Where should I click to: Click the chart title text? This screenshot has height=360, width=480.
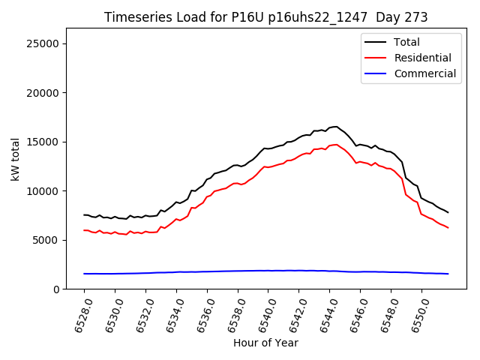click(x=265, y=17)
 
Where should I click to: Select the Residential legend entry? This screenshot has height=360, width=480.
click(x=422, y=58)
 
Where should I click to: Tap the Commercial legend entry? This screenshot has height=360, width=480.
click(x=424, y=73)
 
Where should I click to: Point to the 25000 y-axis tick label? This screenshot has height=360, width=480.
click(x=43, y=44)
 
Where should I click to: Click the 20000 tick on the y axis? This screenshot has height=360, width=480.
click(x=43, y=93)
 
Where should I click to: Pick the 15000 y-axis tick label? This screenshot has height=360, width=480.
click(x=43, y=142)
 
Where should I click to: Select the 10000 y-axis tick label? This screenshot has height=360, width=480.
click(x=43, y=191)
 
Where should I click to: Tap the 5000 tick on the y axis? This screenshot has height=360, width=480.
click(x=46, y=240)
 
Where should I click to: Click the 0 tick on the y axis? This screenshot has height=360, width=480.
click(x=56, y=289)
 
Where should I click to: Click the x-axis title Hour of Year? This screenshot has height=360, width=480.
click(x=265, y=343)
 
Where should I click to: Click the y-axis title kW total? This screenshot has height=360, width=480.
click(x=15, y=159)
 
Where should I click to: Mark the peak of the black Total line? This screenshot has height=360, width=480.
click(x=337, y=127)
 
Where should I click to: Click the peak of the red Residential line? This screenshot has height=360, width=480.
click(x=337, y=145)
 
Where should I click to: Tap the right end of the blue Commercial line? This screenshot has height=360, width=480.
click(x=448, y=274)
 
